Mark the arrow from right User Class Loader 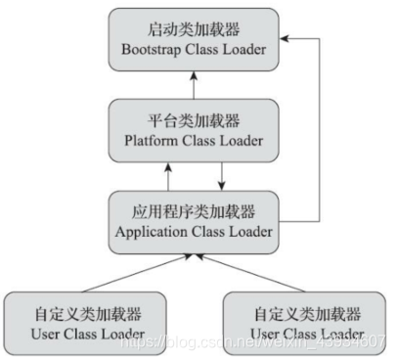[254, 271]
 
